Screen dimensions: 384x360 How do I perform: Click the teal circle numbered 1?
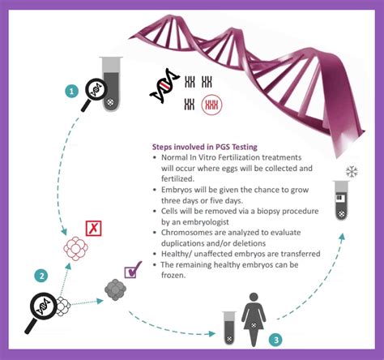71,92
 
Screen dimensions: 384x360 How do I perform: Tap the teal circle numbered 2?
41,276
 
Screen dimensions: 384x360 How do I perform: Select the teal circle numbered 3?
275,340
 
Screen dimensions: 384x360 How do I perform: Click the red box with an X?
93,229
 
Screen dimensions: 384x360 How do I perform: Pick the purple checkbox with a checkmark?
133,270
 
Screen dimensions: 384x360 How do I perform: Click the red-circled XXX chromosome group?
212,105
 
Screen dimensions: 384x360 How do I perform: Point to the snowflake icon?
352,171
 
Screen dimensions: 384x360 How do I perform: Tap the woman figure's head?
254,298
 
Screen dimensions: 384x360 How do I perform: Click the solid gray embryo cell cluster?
116,290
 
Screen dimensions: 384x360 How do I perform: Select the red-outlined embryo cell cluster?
75,248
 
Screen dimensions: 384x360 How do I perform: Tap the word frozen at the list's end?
173,275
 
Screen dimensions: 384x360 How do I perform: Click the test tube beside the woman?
229,328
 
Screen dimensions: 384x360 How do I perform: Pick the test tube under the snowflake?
341,200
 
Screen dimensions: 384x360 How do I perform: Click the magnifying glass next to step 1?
94,94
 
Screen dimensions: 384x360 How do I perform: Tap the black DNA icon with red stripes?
164,86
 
